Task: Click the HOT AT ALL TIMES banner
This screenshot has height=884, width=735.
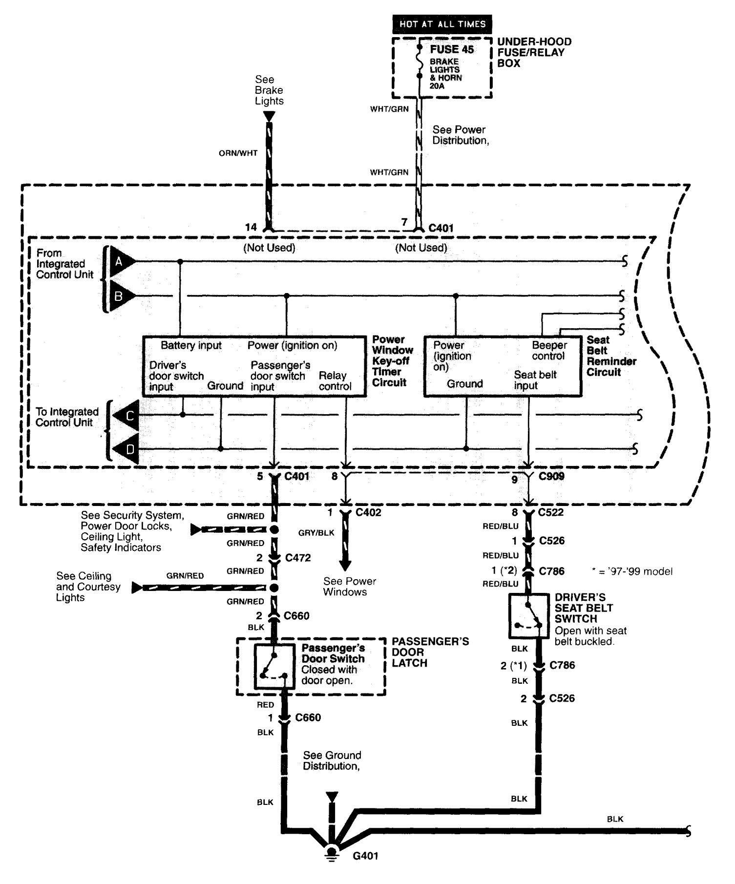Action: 442,24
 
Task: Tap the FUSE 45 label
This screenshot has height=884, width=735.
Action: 452,49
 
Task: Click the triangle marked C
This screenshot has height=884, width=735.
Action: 127,416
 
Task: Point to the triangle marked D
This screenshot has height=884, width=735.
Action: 127,449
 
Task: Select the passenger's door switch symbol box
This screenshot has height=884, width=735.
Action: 274,666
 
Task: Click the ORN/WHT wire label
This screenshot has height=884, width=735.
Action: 238,153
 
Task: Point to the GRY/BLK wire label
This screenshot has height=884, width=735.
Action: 316,533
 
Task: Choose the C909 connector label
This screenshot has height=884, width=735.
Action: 551,476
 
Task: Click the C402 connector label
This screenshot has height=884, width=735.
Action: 368,512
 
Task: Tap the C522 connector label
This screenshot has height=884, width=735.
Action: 550,512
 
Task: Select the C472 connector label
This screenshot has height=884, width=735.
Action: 298,558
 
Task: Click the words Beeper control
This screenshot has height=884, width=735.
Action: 549,351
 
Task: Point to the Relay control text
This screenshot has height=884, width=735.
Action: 335,381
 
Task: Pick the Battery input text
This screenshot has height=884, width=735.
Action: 191,345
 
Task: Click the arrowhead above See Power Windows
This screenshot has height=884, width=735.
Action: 345,566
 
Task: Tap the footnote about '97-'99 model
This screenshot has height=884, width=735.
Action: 631,571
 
